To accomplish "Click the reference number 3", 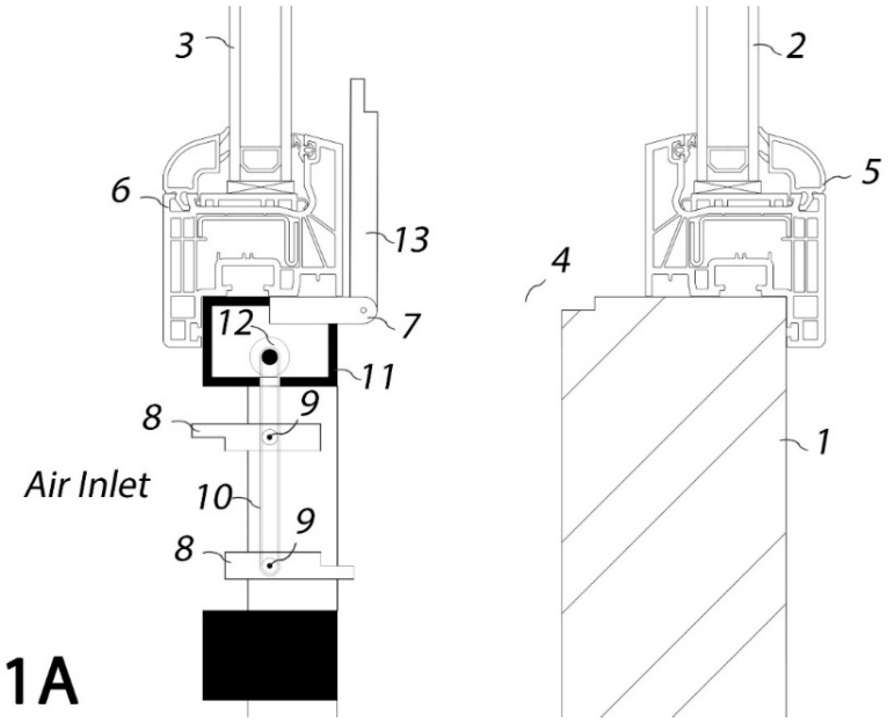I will [x=185, y=46].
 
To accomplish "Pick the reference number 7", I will [x=410, y=326].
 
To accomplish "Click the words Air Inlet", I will [x=87, y=486].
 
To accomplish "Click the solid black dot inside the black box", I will [x=270, y=357].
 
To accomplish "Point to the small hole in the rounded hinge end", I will [x=363, y=310].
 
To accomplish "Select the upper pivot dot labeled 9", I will [x=270, y=437].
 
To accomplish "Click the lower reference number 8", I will [x=184, y=549].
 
